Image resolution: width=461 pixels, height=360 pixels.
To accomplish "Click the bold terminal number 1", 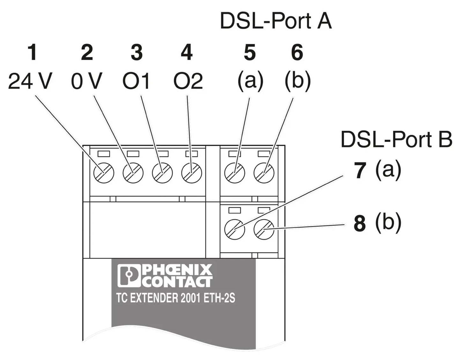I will click(32, 53).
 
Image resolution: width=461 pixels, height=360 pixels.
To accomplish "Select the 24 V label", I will click(29, 81).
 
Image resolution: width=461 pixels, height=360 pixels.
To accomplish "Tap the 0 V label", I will click(86, 81).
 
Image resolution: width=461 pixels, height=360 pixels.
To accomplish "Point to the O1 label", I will click(136, 81).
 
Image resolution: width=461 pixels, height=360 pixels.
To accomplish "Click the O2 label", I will click(188, 81).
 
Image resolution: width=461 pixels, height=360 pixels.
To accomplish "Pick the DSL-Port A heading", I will click(276, 21).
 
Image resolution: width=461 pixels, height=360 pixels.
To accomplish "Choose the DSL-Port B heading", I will click(396, 140).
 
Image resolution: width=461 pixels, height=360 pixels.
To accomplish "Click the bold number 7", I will click(360, 171).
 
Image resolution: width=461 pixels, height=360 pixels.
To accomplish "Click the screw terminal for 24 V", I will click(104, 173).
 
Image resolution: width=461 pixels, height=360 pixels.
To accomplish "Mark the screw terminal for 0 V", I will click(133, 173).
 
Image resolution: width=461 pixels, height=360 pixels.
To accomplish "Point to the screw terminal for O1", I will click(162, 173).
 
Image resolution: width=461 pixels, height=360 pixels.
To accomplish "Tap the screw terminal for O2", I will click(191, 173).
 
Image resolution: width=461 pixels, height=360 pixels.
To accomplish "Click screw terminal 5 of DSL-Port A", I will click(234, 173).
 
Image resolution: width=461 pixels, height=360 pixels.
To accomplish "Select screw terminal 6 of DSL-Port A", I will click(264, 173).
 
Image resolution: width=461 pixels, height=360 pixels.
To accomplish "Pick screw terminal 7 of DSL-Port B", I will click(234, 229).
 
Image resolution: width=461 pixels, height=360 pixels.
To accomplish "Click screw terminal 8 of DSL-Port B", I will click(264, 229).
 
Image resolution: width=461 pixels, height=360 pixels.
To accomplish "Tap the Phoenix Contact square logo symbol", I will click(129, 276).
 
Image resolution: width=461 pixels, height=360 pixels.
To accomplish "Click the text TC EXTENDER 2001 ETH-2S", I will click(176, 298).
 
